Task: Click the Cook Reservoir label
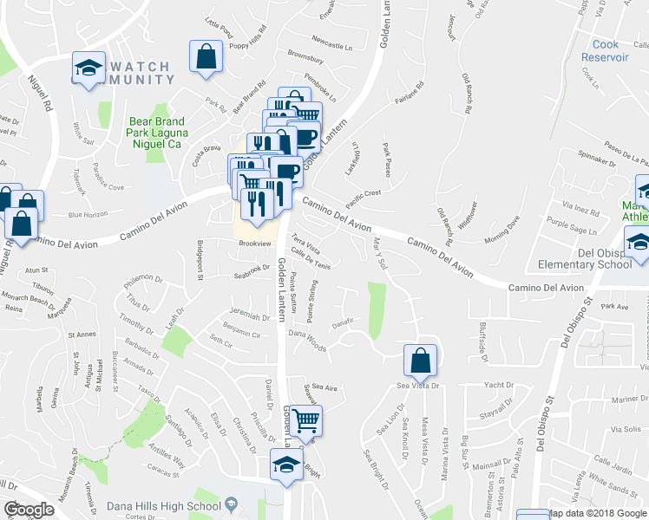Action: tap(610, 50)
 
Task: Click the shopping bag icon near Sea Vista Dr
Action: tap(420, 359)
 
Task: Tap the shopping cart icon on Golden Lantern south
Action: tap(305, 421)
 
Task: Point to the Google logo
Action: tap(29, 509)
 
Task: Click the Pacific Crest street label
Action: tap(363, 198)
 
